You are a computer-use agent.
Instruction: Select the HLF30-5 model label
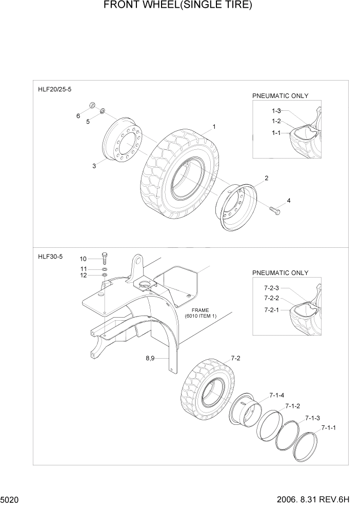50,257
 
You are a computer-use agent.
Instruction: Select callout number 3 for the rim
94,166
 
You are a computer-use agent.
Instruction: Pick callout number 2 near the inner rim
266,178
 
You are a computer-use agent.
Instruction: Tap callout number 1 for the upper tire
214,126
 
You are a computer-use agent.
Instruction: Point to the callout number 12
83,276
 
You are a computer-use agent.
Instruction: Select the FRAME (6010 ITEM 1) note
197,314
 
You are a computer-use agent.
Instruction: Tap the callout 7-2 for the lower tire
235,358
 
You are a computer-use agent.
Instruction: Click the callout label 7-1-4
277,395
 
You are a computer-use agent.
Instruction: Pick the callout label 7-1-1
329,427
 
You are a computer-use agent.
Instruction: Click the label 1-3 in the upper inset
276,111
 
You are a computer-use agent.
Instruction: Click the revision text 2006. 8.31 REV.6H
314,499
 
